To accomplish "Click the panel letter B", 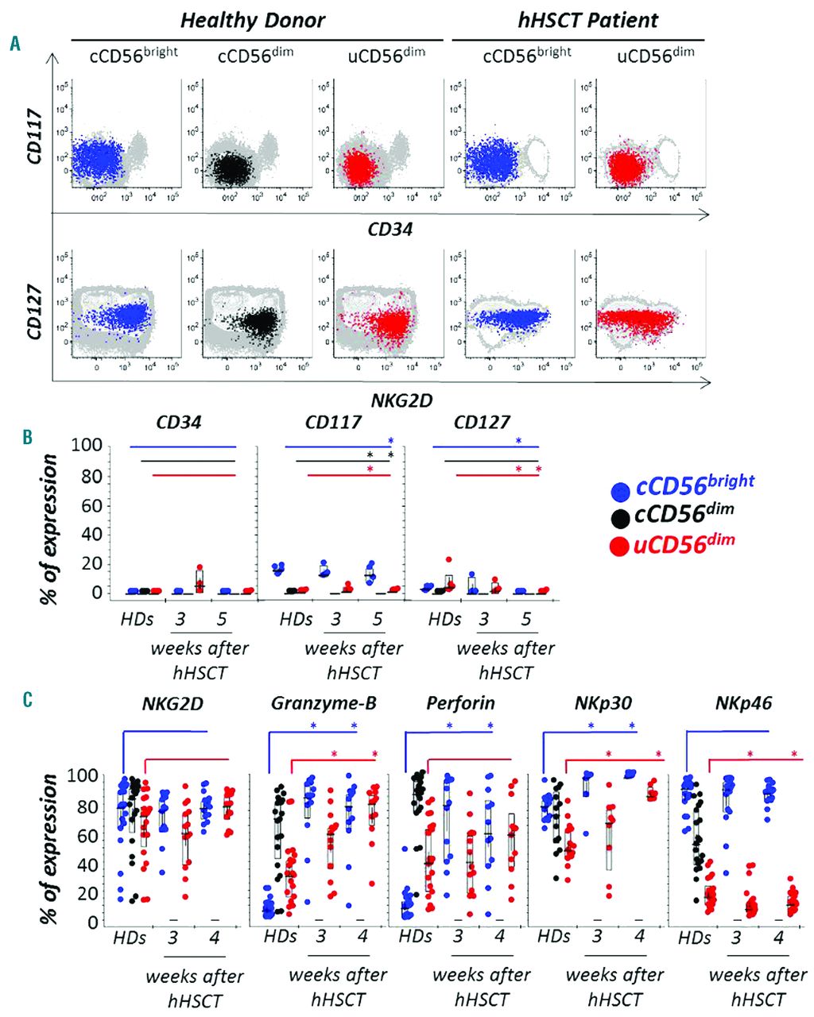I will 27,436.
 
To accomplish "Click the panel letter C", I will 28,700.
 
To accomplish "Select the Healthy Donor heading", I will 253,20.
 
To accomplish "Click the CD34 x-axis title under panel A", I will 390,230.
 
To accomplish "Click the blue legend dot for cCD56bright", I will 620,490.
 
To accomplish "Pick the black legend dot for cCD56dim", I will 620,518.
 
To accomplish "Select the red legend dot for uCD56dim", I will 620,547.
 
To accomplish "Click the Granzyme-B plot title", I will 324,703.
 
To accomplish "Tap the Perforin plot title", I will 460,703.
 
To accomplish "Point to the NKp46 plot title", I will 743,703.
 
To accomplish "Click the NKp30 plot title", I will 603,703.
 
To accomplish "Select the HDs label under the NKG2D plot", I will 130,938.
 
